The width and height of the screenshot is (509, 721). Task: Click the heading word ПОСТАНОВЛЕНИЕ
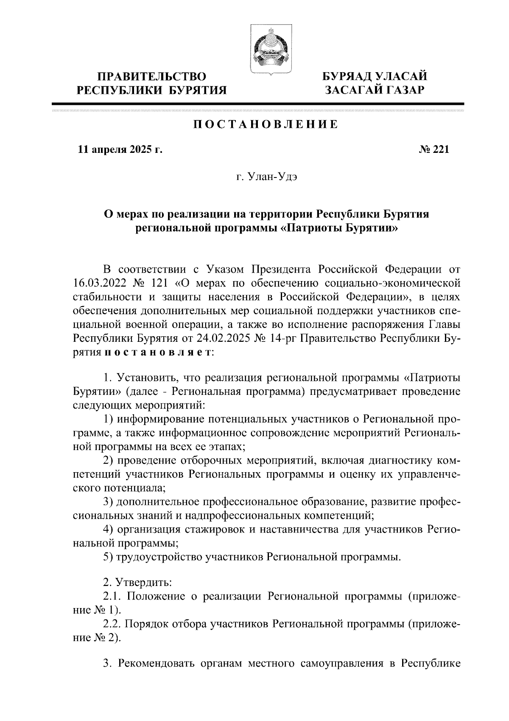click(266, 124)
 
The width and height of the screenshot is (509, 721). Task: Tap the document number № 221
click(433, 149)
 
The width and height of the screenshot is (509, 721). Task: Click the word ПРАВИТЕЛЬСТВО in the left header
click(152, 77)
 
